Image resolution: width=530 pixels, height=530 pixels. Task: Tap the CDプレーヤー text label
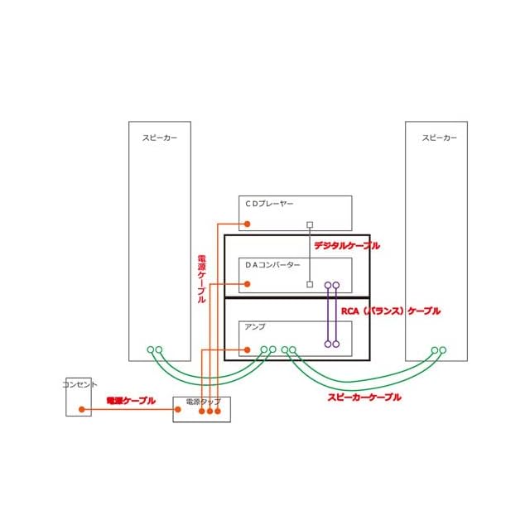[269, 203]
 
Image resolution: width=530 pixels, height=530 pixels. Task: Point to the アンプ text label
[254, 327]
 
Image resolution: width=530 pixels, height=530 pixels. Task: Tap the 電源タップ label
[203, 402]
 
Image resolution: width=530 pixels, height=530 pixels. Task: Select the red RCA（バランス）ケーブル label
[391, 311]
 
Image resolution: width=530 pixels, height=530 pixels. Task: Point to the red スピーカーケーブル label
[364, 397]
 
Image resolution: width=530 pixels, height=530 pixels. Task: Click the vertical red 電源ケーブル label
[201, 279]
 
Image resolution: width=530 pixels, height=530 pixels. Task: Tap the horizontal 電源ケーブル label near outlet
[131, 401]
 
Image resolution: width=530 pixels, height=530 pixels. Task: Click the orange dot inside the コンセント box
[81, 409]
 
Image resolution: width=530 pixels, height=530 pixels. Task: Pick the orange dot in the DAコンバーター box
[246, 285]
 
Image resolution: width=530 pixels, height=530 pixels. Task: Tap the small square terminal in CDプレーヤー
[310, 224]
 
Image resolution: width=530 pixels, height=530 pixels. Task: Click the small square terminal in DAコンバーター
[310, 284]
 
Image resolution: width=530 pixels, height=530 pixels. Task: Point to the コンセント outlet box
[79, 397]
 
